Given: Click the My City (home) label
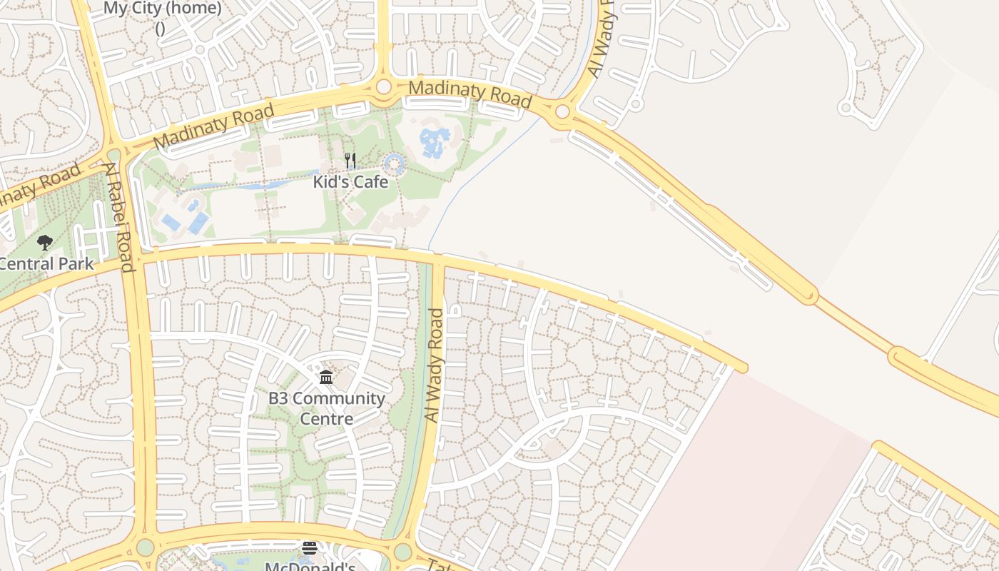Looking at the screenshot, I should click(163, 9).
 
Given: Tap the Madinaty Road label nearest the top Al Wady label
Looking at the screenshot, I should click(470, 94).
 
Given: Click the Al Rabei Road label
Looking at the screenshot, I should click(119, 217).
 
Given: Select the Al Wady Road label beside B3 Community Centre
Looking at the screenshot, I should click(434, 365).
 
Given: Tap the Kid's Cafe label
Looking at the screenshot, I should click(350, 182).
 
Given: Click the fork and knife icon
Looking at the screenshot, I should click(350, 161).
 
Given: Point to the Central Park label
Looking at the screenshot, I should click(46, 263).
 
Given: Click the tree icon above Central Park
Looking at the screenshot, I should click(45, 243).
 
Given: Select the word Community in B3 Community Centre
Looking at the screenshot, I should click(339, 398).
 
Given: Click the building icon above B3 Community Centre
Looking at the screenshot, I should click(326, 377).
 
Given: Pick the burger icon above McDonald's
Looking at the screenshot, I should click(309, 548).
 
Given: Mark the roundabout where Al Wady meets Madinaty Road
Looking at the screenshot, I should click(562, 111).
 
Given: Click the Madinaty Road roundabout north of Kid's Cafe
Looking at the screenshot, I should click(384, 86).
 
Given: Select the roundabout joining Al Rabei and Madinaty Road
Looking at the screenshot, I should click(114, 155).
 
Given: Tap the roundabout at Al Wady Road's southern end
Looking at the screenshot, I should click(403, 551).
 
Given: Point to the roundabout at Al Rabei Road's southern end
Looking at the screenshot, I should click(146, 547).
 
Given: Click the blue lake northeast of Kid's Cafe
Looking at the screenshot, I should click(435, 143).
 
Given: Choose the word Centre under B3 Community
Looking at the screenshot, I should click(326, 418).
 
